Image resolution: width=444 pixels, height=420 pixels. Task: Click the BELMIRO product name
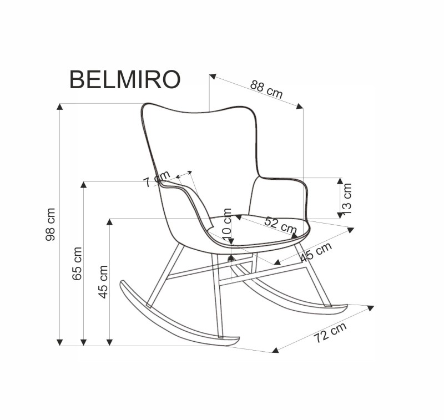[124, 80]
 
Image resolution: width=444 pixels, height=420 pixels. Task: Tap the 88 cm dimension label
[266, 89]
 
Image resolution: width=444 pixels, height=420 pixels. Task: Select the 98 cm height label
[51, 224]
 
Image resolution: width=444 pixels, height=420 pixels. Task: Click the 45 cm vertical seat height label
[103, 281]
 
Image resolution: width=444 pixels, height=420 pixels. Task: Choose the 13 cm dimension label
[347, 198]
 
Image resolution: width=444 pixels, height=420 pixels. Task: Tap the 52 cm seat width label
[280, 224]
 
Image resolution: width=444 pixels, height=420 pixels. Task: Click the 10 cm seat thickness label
[227, 224]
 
